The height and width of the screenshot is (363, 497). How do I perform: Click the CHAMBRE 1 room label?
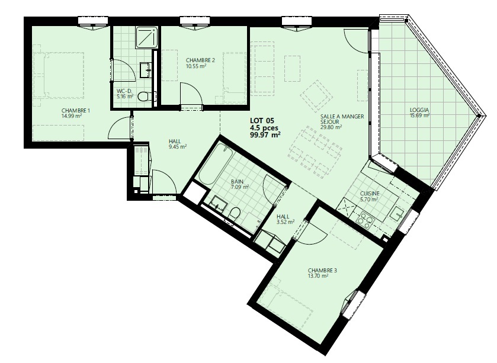[x=76, y=111]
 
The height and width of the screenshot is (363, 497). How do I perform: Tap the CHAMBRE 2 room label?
[x=201, y=60]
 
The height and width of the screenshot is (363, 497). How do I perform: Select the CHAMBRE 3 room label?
[x=322, y=271]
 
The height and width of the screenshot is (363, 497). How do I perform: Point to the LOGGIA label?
[x=419, y=110]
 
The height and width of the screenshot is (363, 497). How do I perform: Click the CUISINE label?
[x=370, y=194]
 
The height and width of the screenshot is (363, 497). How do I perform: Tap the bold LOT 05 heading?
[x=262, y=121]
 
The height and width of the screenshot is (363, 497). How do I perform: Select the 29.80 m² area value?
[x=331, y=127]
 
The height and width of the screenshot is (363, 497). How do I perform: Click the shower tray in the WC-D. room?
[x=147, y=38]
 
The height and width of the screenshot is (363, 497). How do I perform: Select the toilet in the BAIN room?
[x=234, y=214]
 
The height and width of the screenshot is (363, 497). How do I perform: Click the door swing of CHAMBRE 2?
[x=191, y=94]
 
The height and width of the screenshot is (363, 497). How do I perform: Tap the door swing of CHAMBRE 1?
[x=120, y=127]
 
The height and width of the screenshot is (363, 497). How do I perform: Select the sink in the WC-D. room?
[x=146, y=69]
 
